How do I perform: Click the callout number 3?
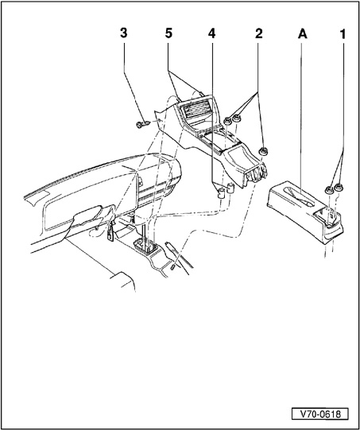[x=124, y=33]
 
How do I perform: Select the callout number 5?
[x=168, y=33]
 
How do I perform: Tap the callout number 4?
[x=211, y=33]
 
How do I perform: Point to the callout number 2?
[x=258, y=33]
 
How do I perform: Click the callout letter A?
[x=303, y=34]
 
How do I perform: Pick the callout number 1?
[x=343, y=34]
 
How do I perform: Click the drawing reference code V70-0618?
[x=320, y=414]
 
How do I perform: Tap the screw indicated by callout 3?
[x=143, y=125]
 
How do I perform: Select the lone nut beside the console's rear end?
[x=263, y=151]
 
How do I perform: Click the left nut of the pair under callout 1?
[x=329, y=189]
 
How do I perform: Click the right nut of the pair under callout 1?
[x=339, y=188]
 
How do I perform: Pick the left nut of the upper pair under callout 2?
[x=227, y=120]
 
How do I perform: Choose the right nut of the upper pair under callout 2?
[x=236, y=118]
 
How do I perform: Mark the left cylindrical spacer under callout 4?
[x=221, y=192]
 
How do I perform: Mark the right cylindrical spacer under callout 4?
[x=230, y=188]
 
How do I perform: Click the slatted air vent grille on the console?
[x=196, y=111]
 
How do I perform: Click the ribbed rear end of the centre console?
[x=257, y=173]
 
